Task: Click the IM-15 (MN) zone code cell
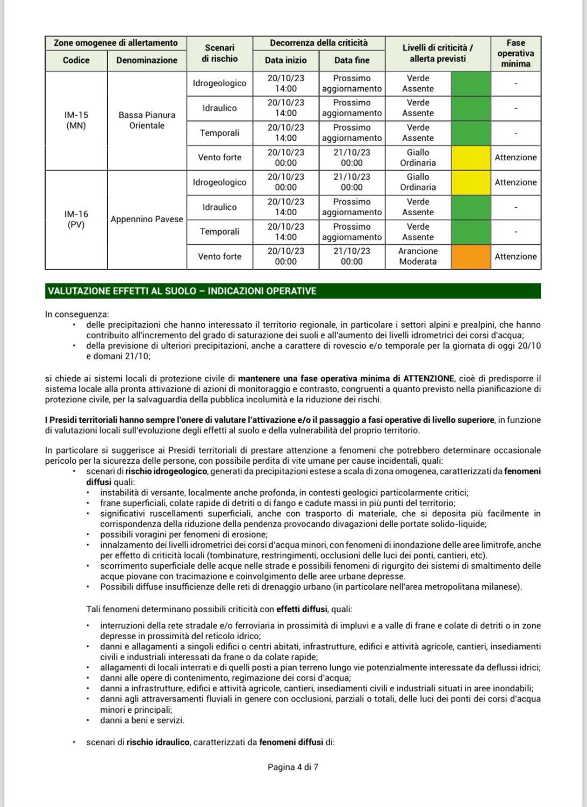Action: pyautogui.click(x=76, y=121)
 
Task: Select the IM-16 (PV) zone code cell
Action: pyautogui.click(x=76, y=220)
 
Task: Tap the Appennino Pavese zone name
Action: pyautogui.click(x=147, y=220)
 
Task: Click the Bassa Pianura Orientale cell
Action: pyautogui.click(x=147, y=121)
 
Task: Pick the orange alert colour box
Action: pyautogui.click(x=470, y=257)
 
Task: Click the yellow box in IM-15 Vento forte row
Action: pyautogui.click(x=470, y=158)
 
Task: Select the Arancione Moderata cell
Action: pyautogui.click(x=418, y=257)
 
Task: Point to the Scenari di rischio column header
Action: pyautogui.click(x=219, y=53)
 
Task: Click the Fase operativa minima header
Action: pyautogui.click(x=515, y=53)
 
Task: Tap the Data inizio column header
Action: pyautogui.click(x=285, y=60)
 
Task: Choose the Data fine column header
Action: pyautogui.click(x=352, y=60)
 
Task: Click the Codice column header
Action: pyautogui.click(x=76, y=60)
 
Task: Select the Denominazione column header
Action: pyautogui.click(x=147, y=60)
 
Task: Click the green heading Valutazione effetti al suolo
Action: pyautogui.click(x=182, y=291)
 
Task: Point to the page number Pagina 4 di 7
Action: pyautogui.click(x=293, y=767)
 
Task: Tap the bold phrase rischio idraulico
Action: pyautogui.click(x=158, y=742)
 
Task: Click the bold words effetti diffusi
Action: pyautogui.click(x=302, y=610)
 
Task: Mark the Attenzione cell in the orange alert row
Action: pyautogui.click(x=515, y=257)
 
